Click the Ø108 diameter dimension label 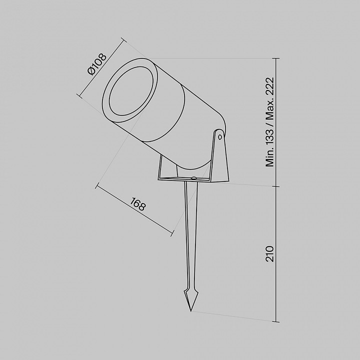click(97, 64)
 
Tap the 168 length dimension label click(138, 204)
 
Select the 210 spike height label click(270, 253)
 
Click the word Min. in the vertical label click(270, 158)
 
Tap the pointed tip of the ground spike click(191, 311)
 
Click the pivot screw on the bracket click(220, 137)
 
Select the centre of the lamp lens click(131, 91)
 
